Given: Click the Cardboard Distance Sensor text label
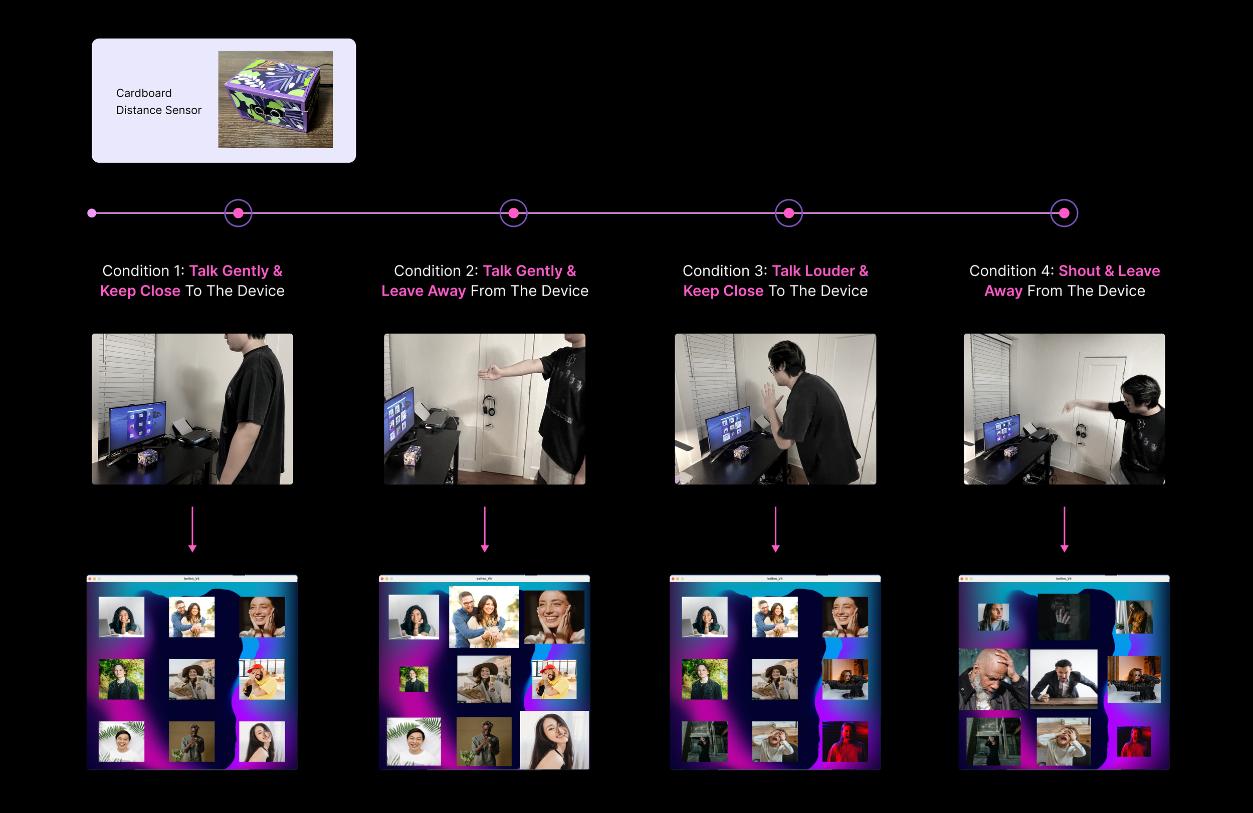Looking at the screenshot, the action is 158,101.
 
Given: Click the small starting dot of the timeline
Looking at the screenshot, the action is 92,213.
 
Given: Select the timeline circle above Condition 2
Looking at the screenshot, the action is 513,213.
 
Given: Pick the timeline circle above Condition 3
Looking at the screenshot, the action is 789,213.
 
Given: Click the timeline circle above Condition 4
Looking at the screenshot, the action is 1064,213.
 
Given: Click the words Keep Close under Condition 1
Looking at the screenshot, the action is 140,291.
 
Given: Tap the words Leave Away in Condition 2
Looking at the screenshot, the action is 424,291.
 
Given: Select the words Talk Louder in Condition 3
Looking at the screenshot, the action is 813,271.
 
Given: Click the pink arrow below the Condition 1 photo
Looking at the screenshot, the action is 192,529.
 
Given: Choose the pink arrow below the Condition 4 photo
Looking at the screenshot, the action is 1064,529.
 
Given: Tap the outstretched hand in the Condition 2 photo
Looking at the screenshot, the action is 490,373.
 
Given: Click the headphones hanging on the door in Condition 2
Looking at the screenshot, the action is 489,406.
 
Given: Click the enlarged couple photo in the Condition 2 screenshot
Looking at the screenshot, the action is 484,617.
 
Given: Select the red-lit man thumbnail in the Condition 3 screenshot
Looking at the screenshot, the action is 845,741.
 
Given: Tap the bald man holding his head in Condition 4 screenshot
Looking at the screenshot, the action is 992,679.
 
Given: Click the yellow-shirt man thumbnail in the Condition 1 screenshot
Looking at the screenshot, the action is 262,679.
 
